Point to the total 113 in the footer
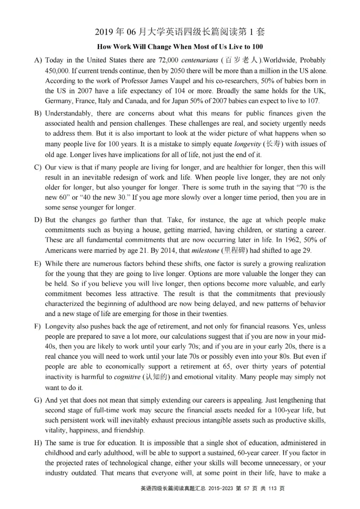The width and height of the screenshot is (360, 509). (x=273, y=488)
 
